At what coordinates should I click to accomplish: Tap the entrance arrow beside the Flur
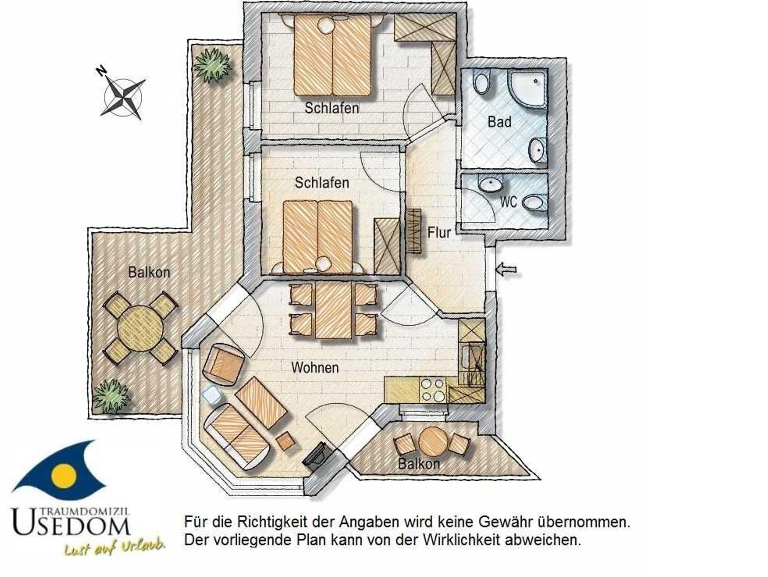click(x=506, y=269)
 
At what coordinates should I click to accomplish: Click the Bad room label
click(x=499, y=122)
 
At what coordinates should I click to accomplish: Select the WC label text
click(x=508, y=202)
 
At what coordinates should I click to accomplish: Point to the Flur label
click(x=439, y=233)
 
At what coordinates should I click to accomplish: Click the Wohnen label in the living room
click(x=315, y=368)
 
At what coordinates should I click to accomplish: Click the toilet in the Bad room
click(x=481, y=83)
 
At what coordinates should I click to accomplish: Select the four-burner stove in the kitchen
click(x=433, y=390)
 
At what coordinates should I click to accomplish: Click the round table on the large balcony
click(x=141, y=329)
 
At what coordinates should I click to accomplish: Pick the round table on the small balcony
click(x=433, y=441)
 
